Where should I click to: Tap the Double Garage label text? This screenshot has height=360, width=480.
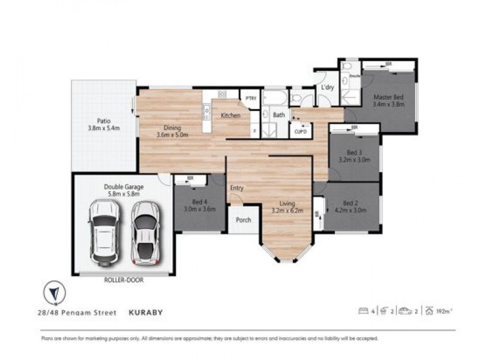point(122,190)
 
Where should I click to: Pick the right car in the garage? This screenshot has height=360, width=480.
point(145,233)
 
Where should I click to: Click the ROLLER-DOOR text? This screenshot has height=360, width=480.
point(123,280)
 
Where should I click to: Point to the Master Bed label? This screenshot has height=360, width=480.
point(388,100)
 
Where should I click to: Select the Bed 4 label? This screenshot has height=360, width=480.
point(194,205)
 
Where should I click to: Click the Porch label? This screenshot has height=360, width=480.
point(243,220)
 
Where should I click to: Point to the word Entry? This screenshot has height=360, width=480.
point(237,188)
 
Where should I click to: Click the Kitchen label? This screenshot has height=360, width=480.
point(230,115)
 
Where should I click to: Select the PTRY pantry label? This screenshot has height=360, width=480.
point(248,98)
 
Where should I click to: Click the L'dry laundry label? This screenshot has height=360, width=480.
point(327,88)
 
